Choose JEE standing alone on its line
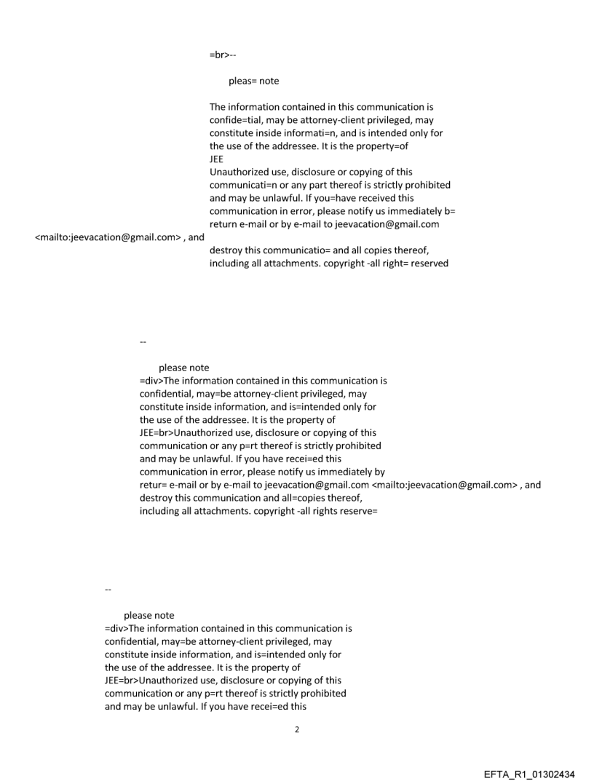coord(217,159)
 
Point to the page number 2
coord(296,729)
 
